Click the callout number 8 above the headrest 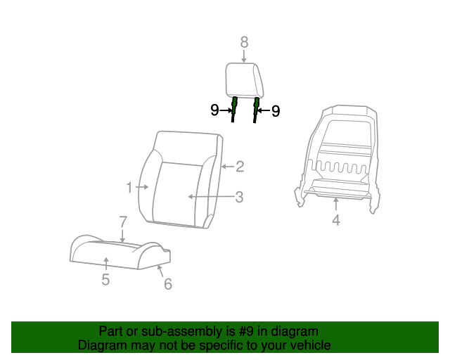point(244,43)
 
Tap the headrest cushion point(244,80)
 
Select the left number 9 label point(215,110)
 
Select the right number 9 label point(275,110)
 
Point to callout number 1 point(129,188)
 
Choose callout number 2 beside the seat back point(240,167)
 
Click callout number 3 point(239,198)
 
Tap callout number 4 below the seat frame point(336,221)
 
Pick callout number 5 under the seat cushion point(105,280)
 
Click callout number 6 point(168,283)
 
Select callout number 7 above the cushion point(123,222)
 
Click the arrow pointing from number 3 point(211,198)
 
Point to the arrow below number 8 point(244,57)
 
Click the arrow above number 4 point(336,204)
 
